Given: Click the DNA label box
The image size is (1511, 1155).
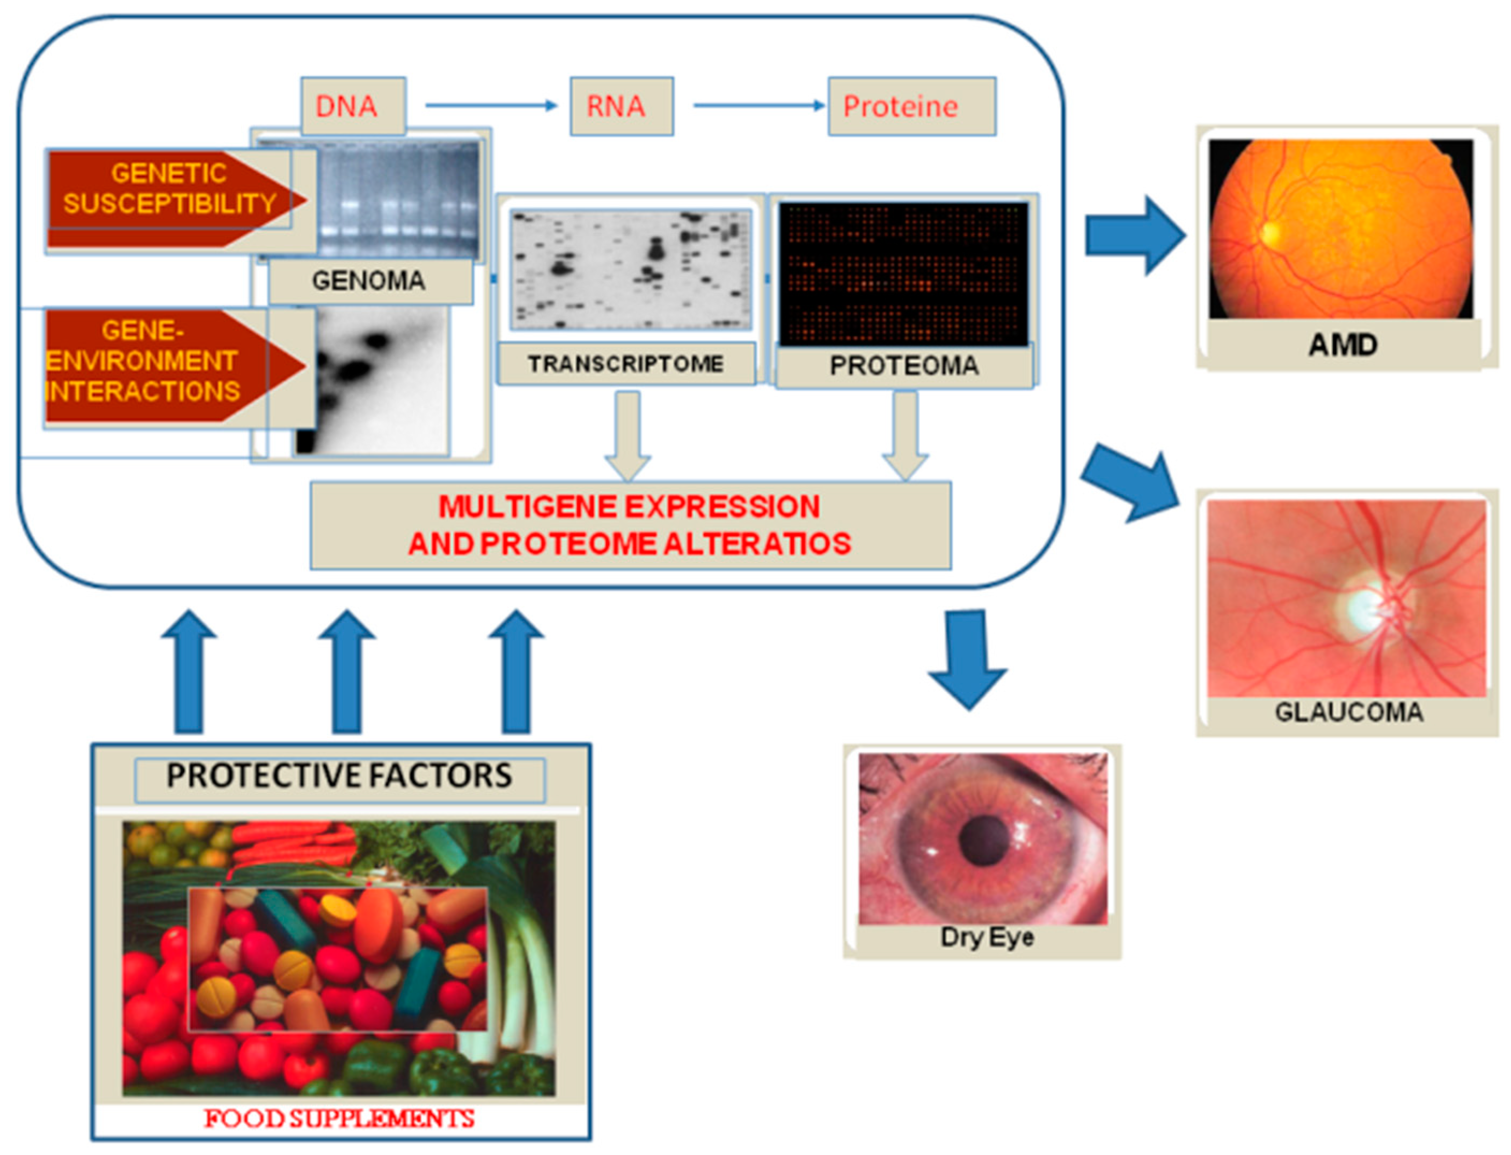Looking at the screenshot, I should (x=353, y=107).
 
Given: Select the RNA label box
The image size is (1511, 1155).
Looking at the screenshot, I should (x=621, y=107).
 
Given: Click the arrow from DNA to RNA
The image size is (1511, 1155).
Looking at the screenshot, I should (x=490, y=105).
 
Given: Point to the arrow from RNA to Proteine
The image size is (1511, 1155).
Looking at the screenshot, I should (x=758, y=105).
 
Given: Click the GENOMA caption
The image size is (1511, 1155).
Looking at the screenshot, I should (x=369, y=281).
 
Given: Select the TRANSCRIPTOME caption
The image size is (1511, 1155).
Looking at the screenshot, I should (x=625, y=364).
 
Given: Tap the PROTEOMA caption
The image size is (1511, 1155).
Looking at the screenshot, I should (x=903, y=365).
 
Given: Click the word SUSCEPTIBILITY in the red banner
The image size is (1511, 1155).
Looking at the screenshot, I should (x=170, y=203).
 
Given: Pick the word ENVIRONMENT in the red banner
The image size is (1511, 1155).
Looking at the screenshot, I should (x=142, y=361).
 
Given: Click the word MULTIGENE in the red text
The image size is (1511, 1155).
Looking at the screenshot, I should (x=526, y=507).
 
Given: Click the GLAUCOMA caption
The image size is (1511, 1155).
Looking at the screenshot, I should (x=1348, y=712).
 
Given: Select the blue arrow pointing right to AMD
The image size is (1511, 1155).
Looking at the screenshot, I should (x=1134, y=236).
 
